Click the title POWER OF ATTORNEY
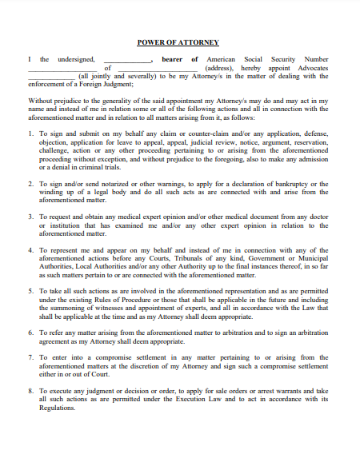[178, 42]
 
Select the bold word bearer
[173, 59]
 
